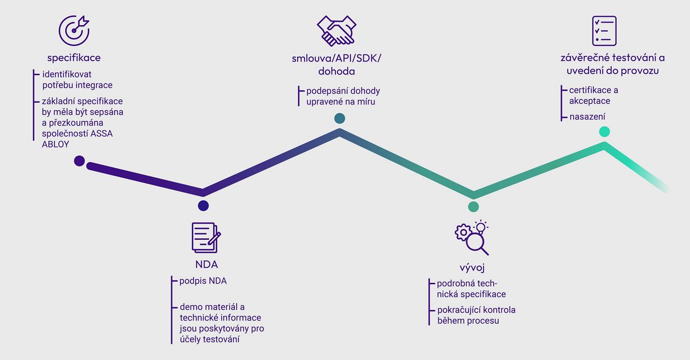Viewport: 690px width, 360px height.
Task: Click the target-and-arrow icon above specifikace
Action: (x=74, y=31)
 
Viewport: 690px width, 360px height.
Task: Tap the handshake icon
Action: (x=336, y=31)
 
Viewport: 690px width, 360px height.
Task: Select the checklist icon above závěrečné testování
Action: (x=604, y=31)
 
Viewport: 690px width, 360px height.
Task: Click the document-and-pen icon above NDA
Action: (x=206, y=238)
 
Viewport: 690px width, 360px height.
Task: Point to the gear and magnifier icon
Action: (x=472, y=238)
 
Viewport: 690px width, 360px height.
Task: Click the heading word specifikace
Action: (x=74, y=58)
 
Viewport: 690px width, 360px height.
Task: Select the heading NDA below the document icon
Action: (x=206, y=264)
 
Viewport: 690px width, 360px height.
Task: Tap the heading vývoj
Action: (x=472, y=268)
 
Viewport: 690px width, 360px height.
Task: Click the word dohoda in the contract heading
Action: (x=336, y=71)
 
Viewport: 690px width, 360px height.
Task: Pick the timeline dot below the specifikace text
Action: (x=79, y=161)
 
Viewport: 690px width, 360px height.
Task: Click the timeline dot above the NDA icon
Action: (x=203, y=206)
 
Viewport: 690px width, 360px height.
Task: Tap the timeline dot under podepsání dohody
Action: (x=340, y=118)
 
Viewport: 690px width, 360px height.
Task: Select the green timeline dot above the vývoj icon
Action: (x=473, y=206)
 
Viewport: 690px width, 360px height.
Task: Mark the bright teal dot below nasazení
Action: (x=604, y=131)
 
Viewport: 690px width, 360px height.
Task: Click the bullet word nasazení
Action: (x=587, y=117)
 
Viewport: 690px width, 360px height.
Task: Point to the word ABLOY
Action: (x=56, y=144)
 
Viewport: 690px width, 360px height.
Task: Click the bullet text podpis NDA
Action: (x=203, y=281)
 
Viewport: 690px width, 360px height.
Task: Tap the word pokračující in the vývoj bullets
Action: (x=457, y=310)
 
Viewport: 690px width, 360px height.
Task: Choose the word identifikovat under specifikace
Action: (x=67, y=74)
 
